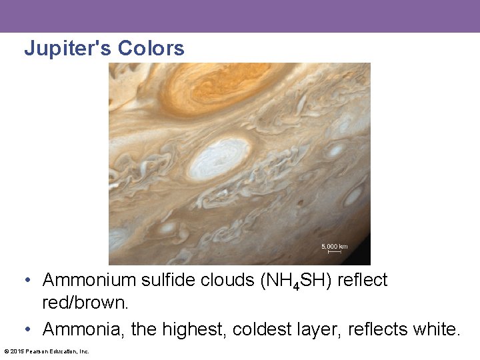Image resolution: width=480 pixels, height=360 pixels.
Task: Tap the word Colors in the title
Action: [151, 49]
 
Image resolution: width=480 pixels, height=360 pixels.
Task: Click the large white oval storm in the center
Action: [219, 159]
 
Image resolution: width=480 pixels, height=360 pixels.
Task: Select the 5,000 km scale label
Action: [334, 247]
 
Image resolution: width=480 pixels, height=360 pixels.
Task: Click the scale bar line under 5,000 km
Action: [334, 252]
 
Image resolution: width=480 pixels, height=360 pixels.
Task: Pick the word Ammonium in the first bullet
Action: [87, 281]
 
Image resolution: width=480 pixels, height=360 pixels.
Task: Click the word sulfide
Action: [165, 281]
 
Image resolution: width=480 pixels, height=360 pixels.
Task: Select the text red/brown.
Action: [85, 303]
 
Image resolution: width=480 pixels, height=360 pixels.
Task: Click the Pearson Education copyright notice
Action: [47, 351]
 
